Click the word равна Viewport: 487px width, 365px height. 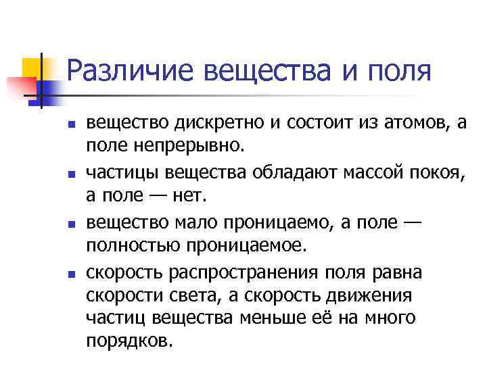coord(400,272)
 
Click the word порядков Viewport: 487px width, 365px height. coord(130,339)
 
